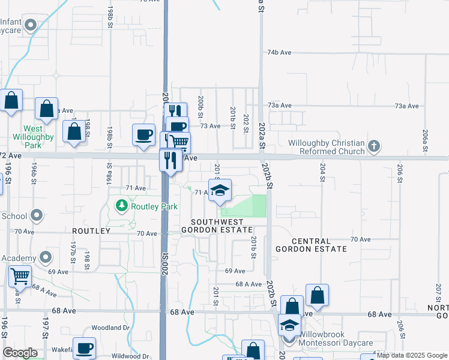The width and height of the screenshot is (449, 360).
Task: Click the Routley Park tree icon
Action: point(122,206)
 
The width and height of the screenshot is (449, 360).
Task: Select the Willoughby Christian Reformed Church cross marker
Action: point(374,146)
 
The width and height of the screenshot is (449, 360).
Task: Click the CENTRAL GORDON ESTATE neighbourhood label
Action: point(311,244)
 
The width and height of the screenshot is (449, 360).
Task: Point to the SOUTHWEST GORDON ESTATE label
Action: point(217,226)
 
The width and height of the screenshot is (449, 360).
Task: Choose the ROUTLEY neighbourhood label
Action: point(91,230)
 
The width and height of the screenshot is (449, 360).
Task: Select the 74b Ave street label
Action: point(280,53)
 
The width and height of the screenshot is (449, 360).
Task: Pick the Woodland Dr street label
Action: point(110,328)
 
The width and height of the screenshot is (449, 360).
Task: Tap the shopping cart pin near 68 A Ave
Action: point(20,277)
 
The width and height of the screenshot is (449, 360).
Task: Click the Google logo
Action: point(20,353)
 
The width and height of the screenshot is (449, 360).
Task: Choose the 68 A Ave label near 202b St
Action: point(249,284)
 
